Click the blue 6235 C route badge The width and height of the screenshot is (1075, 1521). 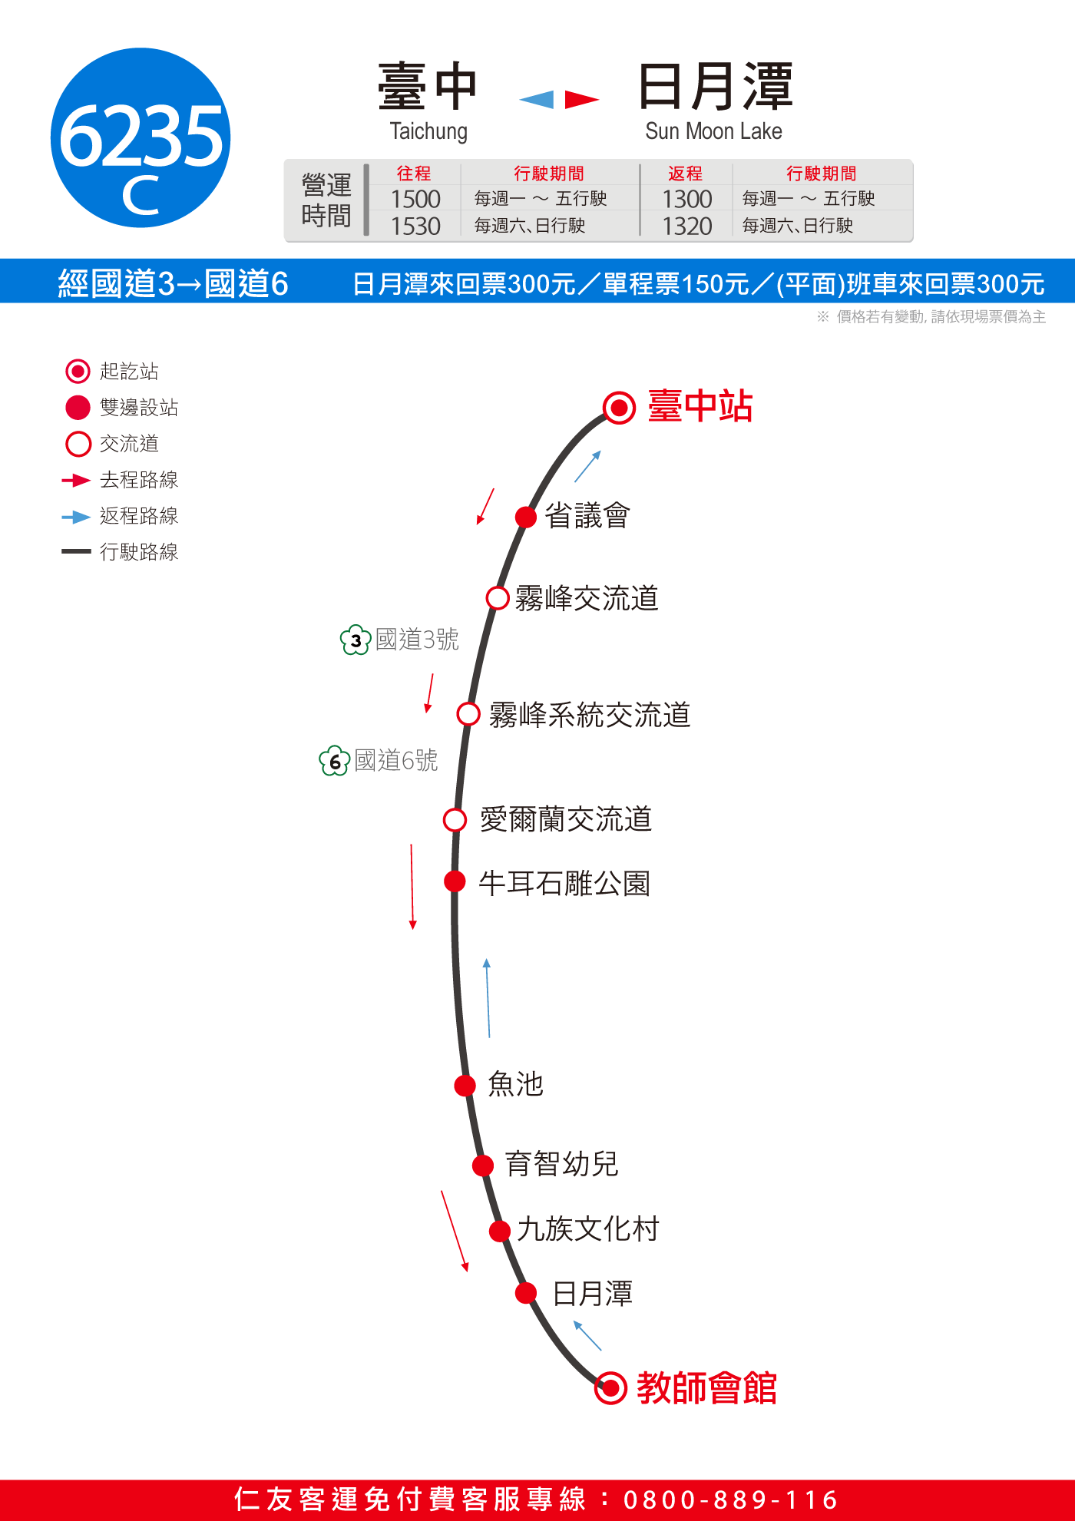[x=141, y=137]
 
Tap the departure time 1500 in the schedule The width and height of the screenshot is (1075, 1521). [x=415, y=200]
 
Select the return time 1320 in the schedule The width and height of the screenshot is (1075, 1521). [x=687, y=226]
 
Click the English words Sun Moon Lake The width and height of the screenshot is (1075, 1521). [x=713, y=131]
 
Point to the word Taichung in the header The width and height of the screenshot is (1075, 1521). [x=428, y=131]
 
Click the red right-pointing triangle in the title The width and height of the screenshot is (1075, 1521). [x=581, y=100]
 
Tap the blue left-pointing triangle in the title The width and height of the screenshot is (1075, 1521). [x=537, y=100]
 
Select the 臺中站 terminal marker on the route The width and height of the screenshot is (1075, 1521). [x=619, y=408]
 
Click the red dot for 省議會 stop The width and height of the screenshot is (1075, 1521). [x=526, y=517]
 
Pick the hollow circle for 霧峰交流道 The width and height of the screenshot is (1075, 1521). [x=498, y=598]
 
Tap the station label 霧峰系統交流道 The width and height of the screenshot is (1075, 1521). [x=590, y=716]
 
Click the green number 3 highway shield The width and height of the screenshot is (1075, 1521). [x=356, y=640]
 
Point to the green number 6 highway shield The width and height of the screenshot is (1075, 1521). [x=335, y=761]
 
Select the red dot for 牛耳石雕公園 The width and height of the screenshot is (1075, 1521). [x=455, y=881]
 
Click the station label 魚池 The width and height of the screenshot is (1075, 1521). [x=516, y=1084]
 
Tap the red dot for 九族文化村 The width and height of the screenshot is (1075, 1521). [x=500, y=1232]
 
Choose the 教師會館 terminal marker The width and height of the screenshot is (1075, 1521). [x=611, y=1388]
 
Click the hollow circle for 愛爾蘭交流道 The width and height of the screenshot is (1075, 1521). [x=455, y=820]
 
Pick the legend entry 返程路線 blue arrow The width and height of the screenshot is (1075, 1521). [x=76, y=517]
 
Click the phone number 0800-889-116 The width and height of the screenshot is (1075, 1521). [x=731, y=1500]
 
